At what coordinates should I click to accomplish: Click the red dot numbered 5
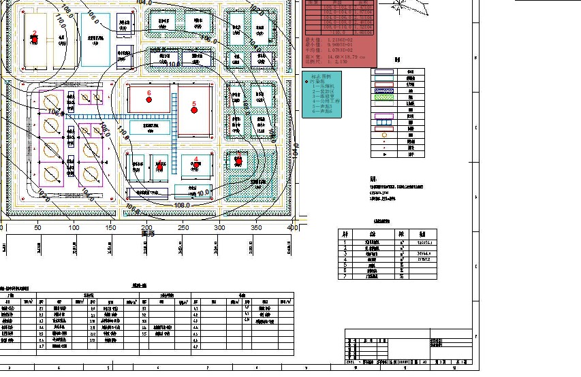194,110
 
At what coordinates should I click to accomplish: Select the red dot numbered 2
35,39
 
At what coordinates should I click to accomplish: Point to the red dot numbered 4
196,165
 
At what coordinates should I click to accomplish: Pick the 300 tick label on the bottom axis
219,228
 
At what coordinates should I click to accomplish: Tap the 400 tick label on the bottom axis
292,228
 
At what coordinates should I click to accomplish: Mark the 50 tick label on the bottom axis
37,228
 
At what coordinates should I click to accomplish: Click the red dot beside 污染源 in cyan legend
307,82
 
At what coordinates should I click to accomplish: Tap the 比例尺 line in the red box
320,61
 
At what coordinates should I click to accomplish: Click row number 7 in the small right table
345,276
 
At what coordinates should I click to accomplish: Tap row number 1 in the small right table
345,242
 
